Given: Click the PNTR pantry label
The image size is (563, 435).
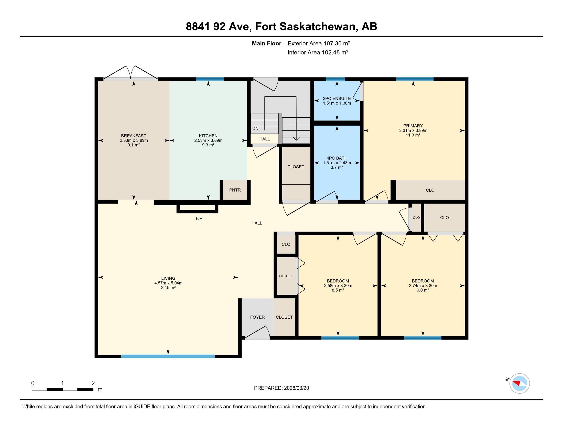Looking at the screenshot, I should pos(235,190).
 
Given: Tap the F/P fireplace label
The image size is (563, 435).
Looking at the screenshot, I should pos(199,219).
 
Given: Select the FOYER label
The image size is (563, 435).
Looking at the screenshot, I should pos(257,317).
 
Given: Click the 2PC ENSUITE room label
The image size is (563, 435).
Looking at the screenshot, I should pos(337,99).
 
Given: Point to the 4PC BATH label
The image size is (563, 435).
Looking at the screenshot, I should pos(337,158).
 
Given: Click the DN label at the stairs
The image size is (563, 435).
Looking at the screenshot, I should pos(255,129).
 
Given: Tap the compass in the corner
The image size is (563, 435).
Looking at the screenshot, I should pos(519,384).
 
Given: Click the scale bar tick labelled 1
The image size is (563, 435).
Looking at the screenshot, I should pos(62,384).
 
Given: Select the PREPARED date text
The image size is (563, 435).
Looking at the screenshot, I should pos(281,388).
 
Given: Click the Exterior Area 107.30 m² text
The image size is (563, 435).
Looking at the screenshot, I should pos(319,43).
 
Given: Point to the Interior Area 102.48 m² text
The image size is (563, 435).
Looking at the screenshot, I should pos(318,52).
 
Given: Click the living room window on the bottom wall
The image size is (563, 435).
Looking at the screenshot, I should pos(168,356).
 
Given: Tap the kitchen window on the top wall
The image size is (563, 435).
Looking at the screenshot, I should pos(210,79).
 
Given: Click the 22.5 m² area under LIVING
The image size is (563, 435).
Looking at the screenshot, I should pos(168,288).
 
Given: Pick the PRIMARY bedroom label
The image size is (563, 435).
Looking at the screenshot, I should pos(413,126).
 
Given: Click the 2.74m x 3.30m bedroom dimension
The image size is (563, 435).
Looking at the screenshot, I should pos(423,286).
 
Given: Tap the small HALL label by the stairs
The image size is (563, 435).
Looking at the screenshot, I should pos(265,139).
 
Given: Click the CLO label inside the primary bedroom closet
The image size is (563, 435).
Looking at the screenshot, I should pos(430,190).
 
